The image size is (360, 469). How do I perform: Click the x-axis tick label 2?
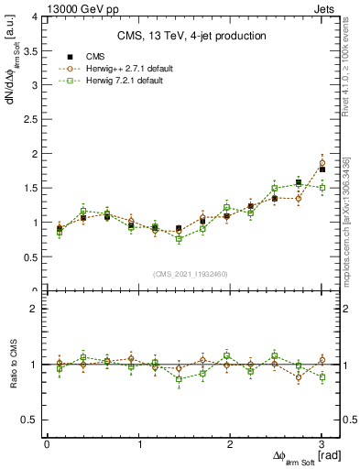(x=230, y=444)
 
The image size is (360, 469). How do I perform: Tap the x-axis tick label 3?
(x=322, y=444)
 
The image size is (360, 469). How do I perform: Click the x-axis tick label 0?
(x=47, y=444)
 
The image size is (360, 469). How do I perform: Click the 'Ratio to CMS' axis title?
(x=13, y=364)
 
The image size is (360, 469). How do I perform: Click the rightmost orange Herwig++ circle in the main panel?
(x=322, y=163)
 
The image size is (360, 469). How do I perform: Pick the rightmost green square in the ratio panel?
(x=322, y=377)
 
